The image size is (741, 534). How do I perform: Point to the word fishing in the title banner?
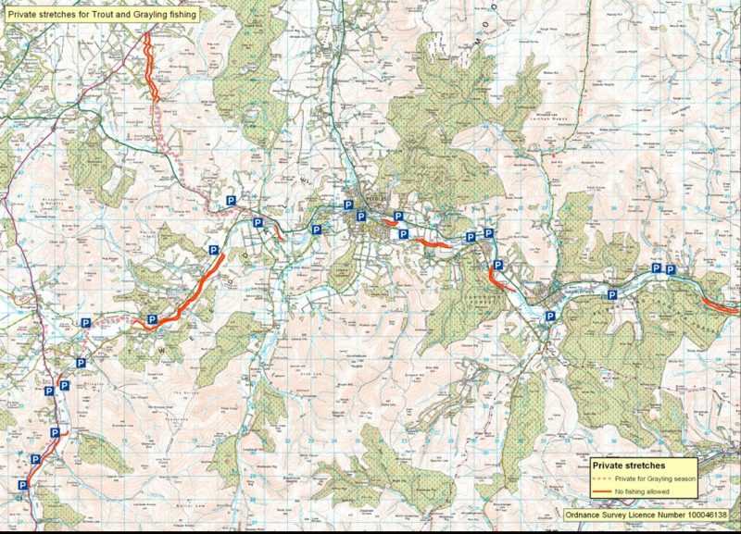[x=185, y=15]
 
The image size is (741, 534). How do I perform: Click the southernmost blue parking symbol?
[x=22, y=485]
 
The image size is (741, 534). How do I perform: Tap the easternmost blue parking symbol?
[x=672, y=269]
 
